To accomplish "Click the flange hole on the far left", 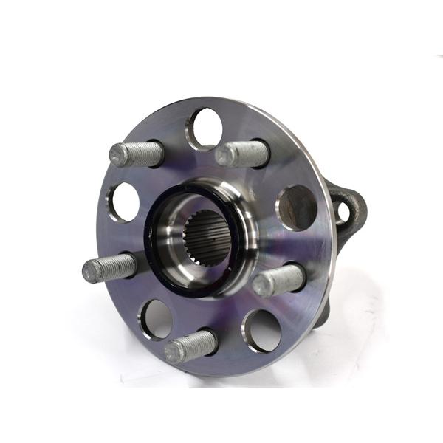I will tap(123, 202).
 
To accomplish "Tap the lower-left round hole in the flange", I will tap(157, 318).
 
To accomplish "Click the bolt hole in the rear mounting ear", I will tap(343, 212).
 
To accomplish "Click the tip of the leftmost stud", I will tap(89, 271).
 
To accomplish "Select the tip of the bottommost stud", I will tap(173, 351).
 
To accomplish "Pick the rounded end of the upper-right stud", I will tap(224, 156).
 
